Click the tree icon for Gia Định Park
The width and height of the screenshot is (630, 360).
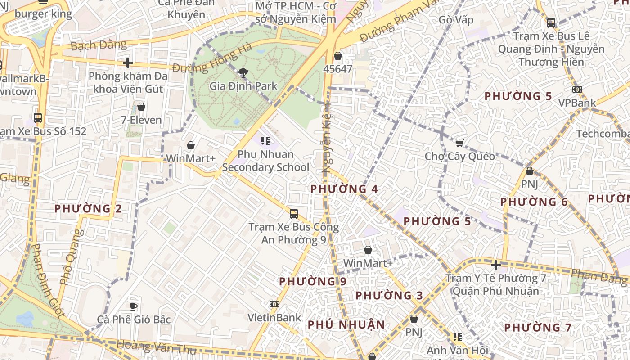coord(243,72)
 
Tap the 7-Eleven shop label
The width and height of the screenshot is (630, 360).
coord(141,120)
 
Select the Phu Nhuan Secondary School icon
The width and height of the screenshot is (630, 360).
coord(265,141)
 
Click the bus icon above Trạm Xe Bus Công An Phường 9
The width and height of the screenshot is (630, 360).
coord(294,214)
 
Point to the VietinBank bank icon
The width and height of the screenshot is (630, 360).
coord(274,304)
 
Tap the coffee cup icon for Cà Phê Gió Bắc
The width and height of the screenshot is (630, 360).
coord(133,306)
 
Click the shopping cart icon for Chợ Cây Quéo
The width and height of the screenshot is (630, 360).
coord(459,143)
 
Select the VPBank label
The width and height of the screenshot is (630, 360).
coord(577,103)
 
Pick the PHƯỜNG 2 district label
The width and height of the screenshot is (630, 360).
coord(88,209)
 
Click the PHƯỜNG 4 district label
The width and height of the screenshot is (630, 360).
coord(344,189)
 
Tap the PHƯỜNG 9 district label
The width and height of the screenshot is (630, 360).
coord(313,282)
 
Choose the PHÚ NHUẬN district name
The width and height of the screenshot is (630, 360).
coord(346,324)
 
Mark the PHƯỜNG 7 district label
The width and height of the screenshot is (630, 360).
coord(538,328)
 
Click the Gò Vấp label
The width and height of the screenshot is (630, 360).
coord(456,20)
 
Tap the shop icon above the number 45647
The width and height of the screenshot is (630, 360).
coord(338,56)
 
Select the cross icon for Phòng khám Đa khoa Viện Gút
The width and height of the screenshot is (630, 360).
coord(128,63)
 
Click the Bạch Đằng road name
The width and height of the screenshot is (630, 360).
coord(99,45)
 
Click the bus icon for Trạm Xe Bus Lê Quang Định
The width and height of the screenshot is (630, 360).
coord(551,22)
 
